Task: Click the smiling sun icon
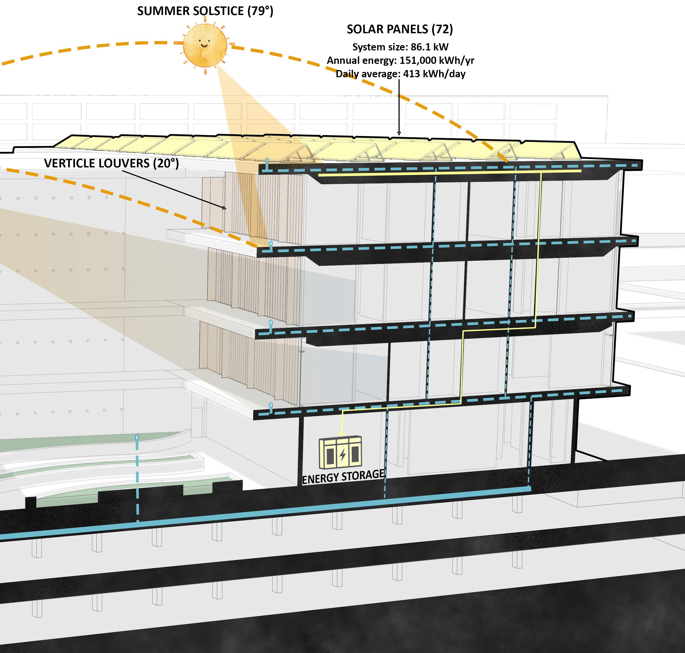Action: pyautogui.click(x=205, y=45)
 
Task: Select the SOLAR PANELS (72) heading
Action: pyautogui.click(x=400, y=29)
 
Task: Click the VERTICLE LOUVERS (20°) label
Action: pyautogui.click(x=111, y=163)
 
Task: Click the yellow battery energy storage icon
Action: pyautogui.click(x=340, y=453)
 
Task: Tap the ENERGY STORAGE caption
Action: pyautogui.click(x=343, y=476)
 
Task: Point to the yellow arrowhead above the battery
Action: pyautogui.click(x=342, y=434)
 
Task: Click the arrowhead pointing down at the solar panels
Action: pyautogui.click(x=399, y=133)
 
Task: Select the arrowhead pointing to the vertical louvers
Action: pyautogui.click(x=224, y=208)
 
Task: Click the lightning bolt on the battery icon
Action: pyautogui.click(x=343, y=454)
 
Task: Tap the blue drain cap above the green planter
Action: pyautogui.click(x=137, y=437)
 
